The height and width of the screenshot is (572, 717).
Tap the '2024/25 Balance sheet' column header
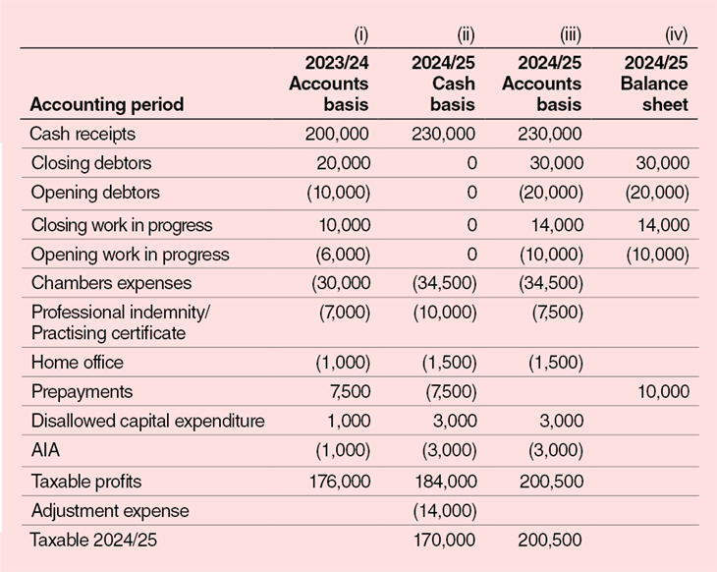point(654,84)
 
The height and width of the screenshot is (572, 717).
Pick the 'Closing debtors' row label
point(91,163)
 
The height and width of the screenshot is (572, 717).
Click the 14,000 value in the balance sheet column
point(662,225)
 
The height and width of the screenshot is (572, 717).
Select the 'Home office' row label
point(78,363)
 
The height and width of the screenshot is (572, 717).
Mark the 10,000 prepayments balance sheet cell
point(662,392)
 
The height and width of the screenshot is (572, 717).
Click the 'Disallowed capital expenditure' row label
point(147,422)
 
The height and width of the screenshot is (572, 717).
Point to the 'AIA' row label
point(45,451)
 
